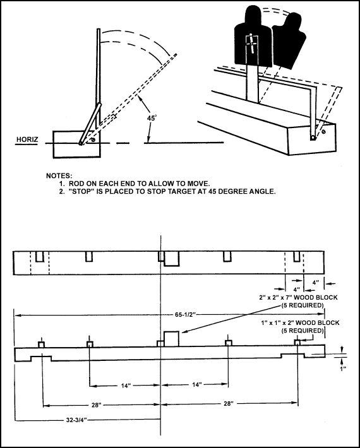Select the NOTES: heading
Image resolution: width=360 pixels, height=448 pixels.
61,175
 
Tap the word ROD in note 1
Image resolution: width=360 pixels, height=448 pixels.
76,183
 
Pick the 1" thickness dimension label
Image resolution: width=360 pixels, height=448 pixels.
342,368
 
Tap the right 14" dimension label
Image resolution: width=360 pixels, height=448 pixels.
198,385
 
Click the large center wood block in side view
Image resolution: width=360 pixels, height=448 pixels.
172,338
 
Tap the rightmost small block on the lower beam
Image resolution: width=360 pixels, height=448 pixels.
296,343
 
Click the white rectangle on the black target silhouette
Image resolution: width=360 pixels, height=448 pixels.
251,44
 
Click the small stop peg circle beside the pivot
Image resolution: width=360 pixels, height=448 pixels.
93,141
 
